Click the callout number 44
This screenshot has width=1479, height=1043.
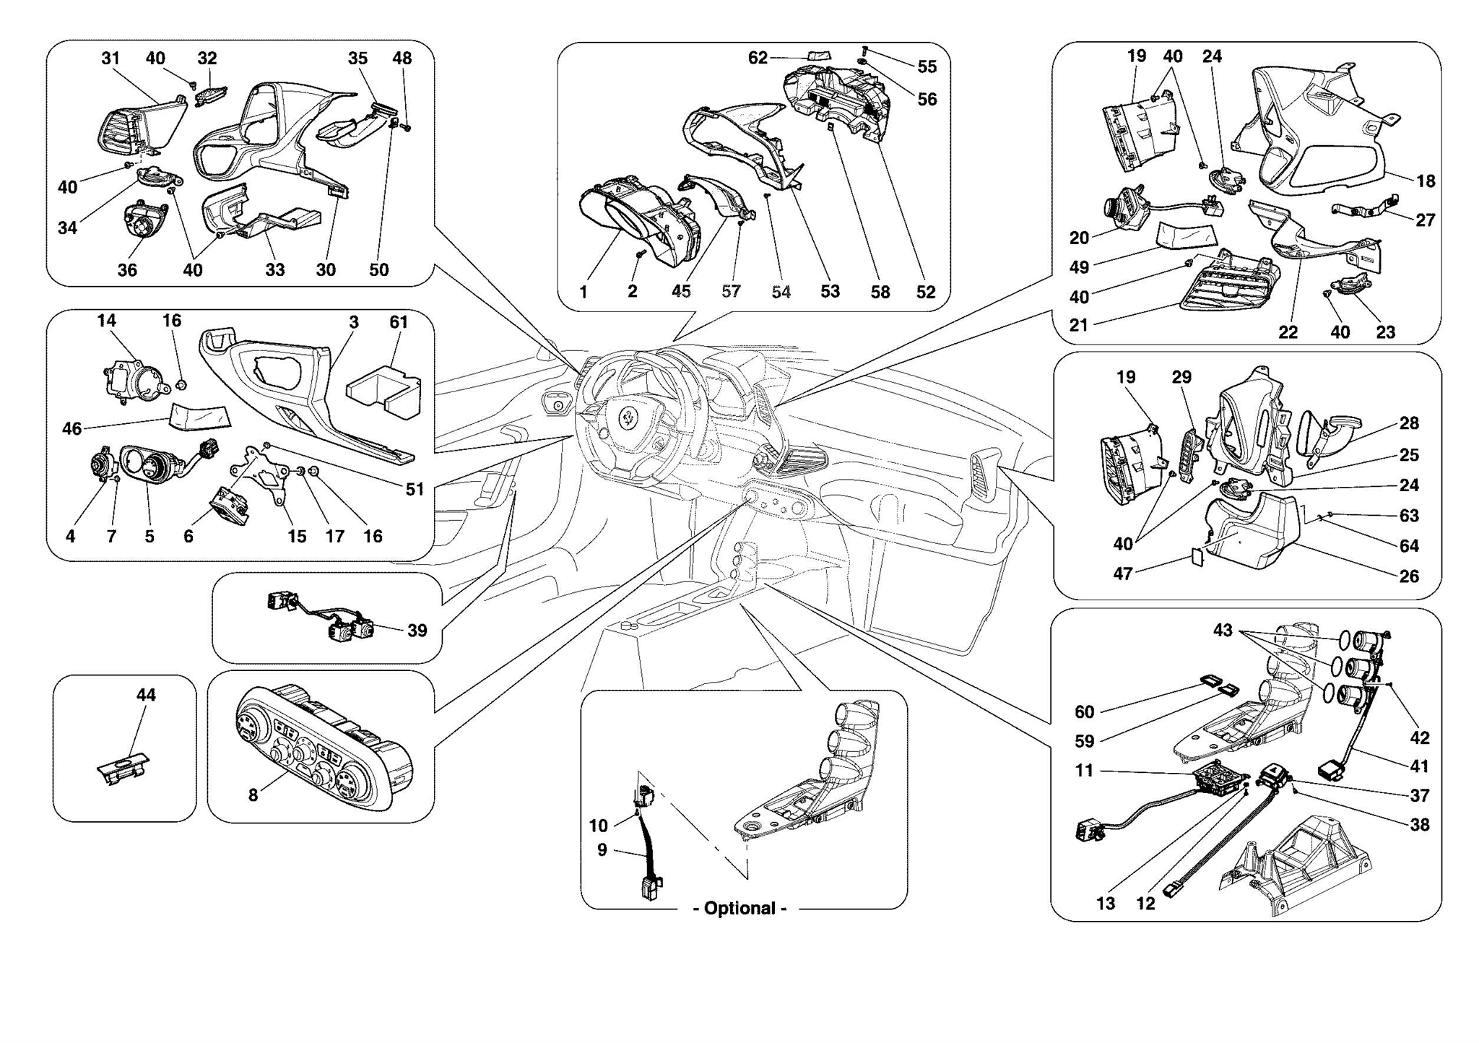[146, 695]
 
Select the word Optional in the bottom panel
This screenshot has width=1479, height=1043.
[739, 909]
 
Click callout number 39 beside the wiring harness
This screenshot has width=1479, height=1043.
[417, 631]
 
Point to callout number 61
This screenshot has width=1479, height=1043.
[399, 322]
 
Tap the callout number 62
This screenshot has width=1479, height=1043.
[758, 58]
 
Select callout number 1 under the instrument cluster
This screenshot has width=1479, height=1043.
[584, 292]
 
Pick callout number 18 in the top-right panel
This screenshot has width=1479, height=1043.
[1426, 181]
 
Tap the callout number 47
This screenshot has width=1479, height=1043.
[1123, 574]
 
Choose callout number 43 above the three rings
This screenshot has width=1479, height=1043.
[1223, 631]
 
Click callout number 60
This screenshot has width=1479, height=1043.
[1085, 712]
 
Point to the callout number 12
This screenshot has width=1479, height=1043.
[1146, 904]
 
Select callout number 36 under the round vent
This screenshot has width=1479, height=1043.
[127, 270]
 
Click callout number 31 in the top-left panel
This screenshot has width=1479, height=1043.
[110, 59]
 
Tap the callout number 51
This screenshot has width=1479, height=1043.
[415, 490]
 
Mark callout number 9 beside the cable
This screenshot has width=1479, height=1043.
[602, 850]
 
